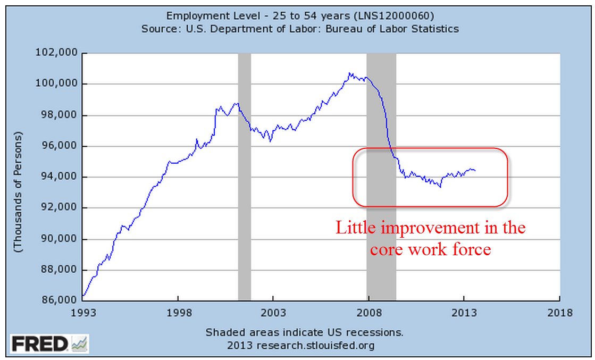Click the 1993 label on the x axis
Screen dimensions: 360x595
tap(82, 313)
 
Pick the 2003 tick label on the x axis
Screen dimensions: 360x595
tap(273, 313)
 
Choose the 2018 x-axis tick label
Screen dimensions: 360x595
tap(559, 313)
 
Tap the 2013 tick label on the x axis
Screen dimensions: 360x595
tap(464, 313)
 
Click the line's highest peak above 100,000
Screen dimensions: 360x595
tap(349, 73)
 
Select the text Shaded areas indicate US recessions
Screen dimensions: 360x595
tap(304, 333)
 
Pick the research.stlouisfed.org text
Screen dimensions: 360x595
tap(315, 345)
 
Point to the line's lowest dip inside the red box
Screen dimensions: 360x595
tap(440, 187)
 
